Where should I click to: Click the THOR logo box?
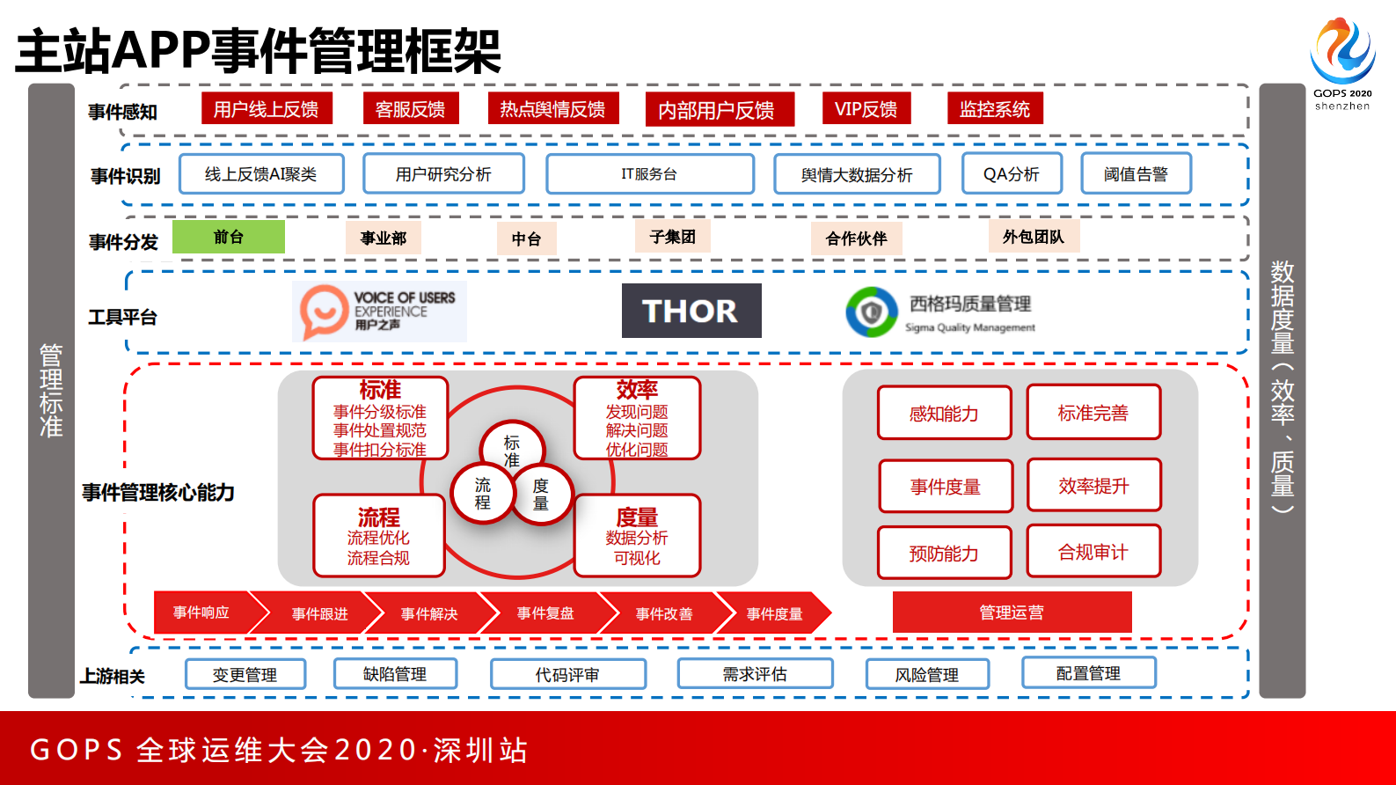(691, 311)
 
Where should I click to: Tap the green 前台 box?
(229, 237)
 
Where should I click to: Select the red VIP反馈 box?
(866, 109)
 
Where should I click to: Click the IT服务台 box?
(649, 174)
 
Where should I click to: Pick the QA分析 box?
(1012, 173)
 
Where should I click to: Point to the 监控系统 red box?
(995, 109)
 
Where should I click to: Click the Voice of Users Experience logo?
(379, 312)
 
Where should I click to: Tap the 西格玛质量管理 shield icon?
(871, 312)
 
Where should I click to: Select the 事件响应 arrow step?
(202, 613)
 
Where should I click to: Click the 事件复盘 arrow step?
(545, 613)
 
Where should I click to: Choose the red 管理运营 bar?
(1012, 612)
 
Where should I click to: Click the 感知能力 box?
(944, 413)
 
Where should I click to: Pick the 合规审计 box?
(1093, 552)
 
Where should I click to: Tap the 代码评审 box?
(567, 674)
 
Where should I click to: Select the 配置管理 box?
(1088, 673)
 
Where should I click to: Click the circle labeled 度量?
(540, 495)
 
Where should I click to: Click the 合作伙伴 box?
(857, 238)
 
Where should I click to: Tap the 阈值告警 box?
(1136, 173)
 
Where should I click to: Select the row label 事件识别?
(126, 176)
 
